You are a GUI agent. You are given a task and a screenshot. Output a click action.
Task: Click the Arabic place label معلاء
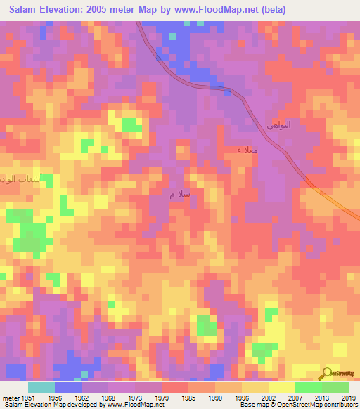247,150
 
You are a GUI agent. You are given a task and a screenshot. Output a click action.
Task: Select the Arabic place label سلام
179,194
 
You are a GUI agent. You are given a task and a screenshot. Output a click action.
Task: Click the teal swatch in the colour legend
41,387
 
